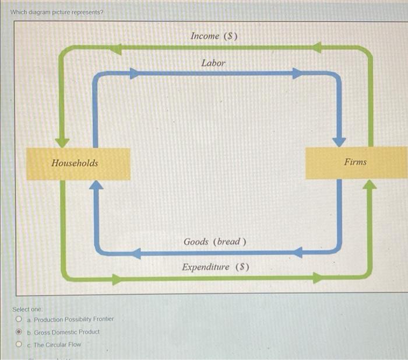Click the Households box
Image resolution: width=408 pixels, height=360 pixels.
78,163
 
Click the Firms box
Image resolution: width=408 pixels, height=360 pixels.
356,162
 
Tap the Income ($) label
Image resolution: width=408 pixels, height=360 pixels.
214,36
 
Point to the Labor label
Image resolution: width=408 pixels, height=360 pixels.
213,62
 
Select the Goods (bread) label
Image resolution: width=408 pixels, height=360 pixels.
215,242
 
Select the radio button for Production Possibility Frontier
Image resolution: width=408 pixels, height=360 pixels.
20,319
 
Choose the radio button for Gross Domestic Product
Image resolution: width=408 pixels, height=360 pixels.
20,332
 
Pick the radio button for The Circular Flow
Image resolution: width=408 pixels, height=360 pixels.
20,345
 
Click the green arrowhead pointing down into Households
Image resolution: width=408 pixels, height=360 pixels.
62,142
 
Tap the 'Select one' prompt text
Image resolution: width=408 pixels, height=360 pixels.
27,309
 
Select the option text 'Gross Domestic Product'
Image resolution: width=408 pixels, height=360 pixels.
66,332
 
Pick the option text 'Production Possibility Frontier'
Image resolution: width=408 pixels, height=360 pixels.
74,319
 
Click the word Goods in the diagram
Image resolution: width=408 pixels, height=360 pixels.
196,242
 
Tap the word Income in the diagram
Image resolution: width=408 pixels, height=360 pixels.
205,36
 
